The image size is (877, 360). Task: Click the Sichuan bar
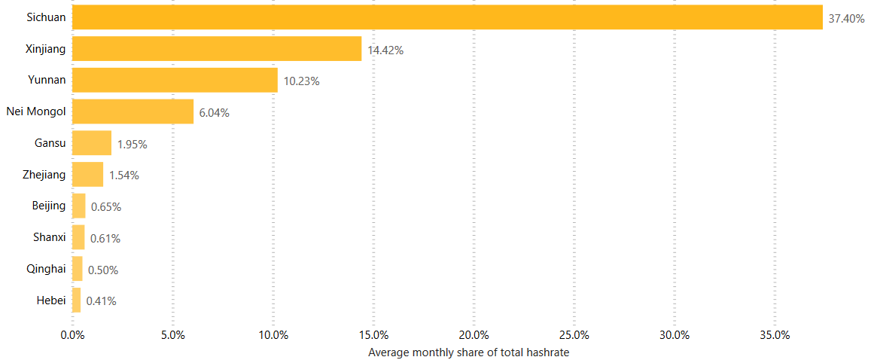(447, 17)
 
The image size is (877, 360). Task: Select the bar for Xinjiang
(217, 49)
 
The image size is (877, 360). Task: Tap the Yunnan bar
(175, 80)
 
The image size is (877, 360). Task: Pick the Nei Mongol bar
(132, 111)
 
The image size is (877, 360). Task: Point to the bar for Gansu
(92, 143)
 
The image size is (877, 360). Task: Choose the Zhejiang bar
(87, 175)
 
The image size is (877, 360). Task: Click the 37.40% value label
(846, 19)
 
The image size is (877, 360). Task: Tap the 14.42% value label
(385, 50)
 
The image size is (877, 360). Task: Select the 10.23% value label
(301, 81)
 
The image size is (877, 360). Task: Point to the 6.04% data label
(214, 113)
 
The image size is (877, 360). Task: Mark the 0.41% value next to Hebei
(101, 301)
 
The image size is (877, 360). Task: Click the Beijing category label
(49, 206)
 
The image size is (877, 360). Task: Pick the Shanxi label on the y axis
(50, 237)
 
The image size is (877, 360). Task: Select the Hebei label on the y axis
(51, 301)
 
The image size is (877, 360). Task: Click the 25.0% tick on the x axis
(574, 335)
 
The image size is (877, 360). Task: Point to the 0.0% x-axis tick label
(72, 335)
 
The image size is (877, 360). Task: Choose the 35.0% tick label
(775, 335)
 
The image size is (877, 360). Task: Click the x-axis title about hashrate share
(468, 352)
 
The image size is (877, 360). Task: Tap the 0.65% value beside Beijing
(106, 206)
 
